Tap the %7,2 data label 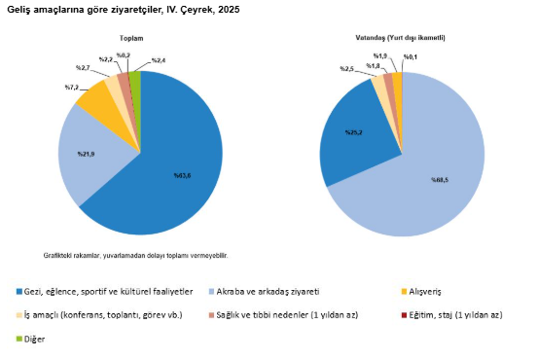(x=72, y=88)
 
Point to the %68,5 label (x=440, y=179)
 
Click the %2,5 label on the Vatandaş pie (x=346, y=69)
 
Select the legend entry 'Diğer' (x=36, y=339)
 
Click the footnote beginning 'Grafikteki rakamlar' (x=135, y=255)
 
